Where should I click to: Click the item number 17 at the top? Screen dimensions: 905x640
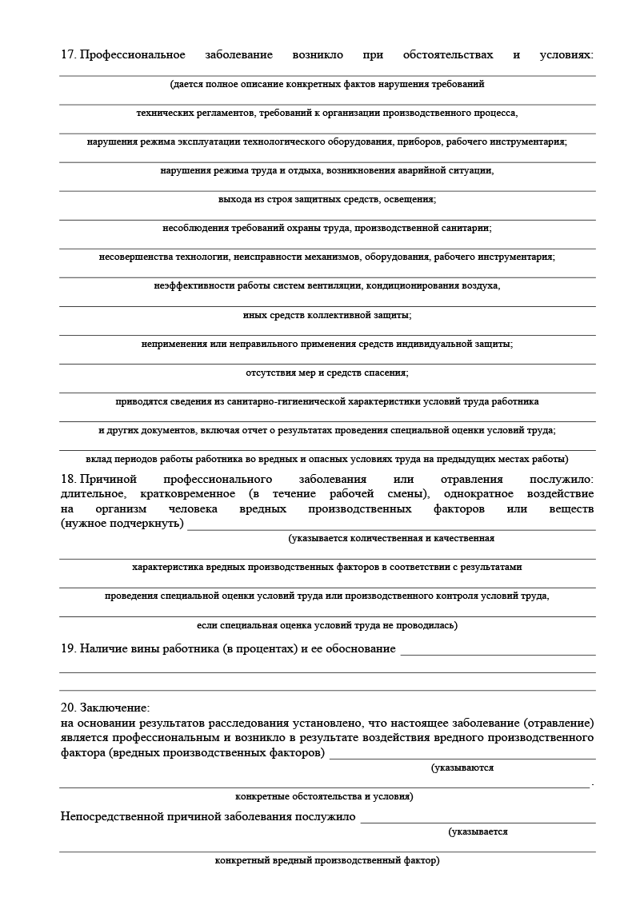click(68, 55)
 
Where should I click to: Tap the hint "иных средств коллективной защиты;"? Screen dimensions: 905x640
click(326, 315)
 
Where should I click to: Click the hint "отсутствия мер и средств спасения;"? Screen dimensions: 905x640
click(326, 373)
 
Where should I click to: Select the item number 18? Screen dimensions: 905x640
click(68, 480)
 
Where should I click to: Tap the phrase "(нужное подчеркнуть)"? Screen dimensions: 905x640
click(122, 524)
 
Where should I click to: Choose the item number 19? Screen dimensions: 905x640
click(68, 648)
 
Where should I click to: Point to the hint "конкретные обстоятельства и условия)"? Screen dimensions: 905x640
click(324, 797)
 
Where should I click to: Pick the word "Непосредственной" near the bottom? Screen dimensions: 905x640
click(113, 817)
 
